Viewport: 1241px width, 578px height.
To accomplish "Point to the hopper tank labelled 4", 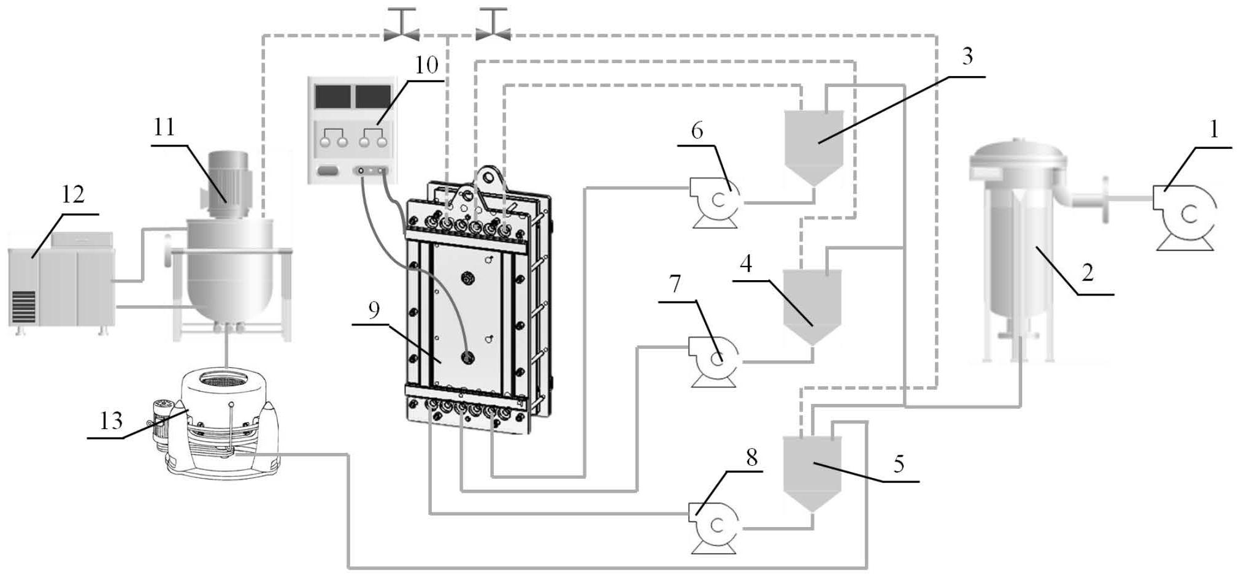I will (x=813, y=303).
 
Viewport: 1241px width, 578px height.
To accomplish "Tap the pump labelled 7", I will (x=715, y=359).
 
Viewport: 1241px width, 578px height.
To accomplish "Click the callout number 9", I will (x=374, y=310).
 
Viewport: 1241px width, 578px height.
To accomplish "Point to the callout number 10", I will (x=427, y=65).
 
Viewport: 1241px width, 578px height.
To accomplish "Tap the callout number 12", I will (x=72, y=195).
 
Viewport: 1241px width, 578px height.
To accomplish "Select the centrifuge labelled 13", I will (x=224, y=423).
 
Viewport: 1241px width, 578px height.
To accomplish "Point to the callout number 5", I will (x=898, y=464).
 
